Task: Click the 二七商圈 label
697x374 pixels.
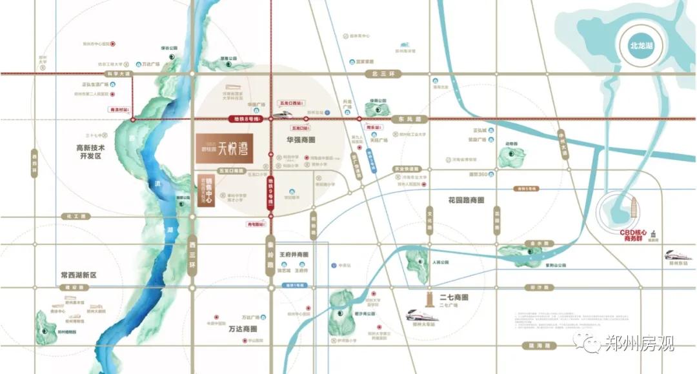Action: coord(453,298)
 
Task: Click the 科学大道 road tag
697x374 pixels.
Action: coord(118,74)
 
